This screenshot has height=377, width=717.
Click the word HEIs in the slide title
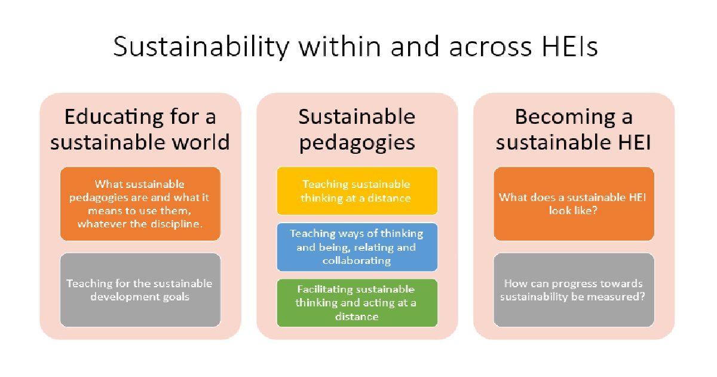point(569,47)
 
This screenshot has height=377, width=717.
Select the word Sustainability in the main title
point(201,47)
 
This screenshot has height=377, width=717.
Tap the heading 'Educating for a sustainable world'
point(140,129)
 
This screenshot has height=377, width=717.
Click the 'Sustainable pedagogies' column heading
point(357,130)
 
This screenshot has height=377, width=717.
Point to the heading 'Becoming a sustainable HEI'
point(573,129)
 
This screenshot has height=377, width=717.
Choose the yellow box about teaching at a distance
point(357,191)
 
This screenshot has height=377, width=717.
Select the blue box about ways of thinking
point(357,247)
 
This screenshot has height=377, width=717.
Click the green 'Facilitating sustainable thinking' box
point(357,303)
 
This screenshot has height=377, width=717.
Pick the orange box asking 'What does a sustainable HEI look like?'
point(574,203)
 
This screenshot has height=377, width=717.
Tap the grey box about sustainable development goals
point(140,290)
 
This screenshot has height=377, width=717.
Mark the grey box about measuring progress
point(574,290)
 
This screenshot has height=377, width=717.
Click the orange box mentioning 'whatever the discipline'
point(140,203)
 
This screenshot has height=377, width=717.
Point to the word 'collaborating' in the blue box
point(357,261)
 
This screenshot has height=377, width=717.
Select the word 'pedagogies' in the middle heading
point(357,143)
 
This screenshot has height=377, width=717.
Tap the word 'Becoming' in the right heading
point(565,117)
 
